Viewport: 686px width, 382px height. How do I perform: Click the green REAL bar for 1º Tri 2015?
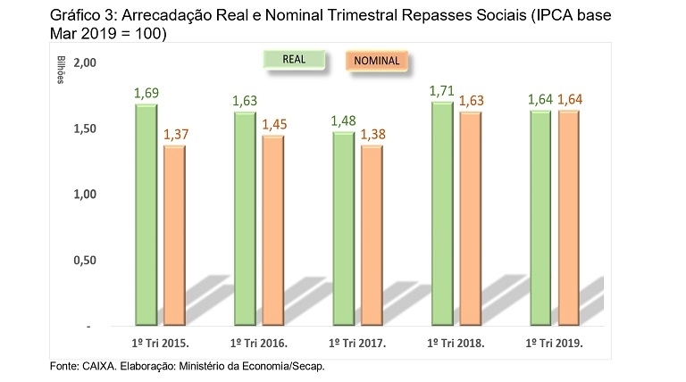tap(146, 214)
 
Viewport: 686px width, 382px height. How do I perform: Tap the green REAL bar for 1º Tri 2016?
tap(245, 219)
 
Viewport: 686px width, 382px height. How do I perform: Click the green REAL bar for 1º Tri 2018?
tap(442, 213)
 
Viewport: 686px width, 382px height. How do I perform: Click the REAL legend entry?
tap(294, 61)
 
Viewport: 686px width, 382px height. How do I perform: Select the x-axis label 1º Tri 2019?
tap(555, 342)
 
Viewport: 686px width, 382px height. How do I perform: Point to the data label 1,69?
tap(146, 93)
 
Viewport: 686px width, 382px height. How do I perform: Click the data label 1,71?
tap(442, 90)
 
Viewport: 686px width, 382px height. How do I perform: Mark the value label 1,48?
tap(344, 120)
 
